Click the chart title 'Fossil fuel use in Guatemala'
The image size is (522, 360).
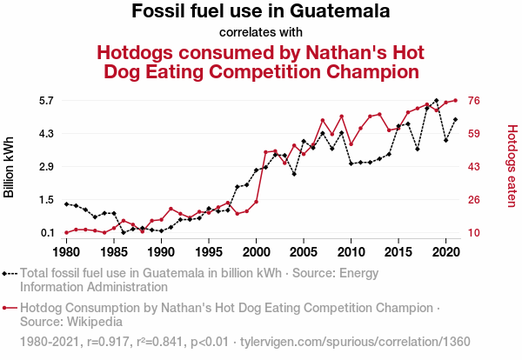click(260, 12)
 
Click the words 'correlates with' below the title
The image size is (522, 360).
click(260, 33)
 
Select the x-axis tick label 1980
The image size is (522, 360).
click(66, 252)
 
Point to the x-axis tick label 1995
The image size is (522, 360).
click(208, 252)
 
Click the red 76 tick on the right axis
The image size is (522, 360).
click(476, 101)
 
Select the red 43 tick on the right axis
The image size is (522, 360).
click(476, 167)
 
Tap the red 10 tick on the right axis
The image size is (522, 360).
click(476, 233)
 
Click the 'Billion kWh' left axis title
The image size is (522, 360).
click(10, 167)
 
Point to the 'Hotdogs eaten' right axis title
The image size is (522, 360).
click(512, 167)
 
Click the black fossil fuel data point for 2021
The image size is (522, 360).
click(455, 119)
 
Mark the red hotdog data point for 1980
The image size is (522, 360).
click(66, 233)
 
